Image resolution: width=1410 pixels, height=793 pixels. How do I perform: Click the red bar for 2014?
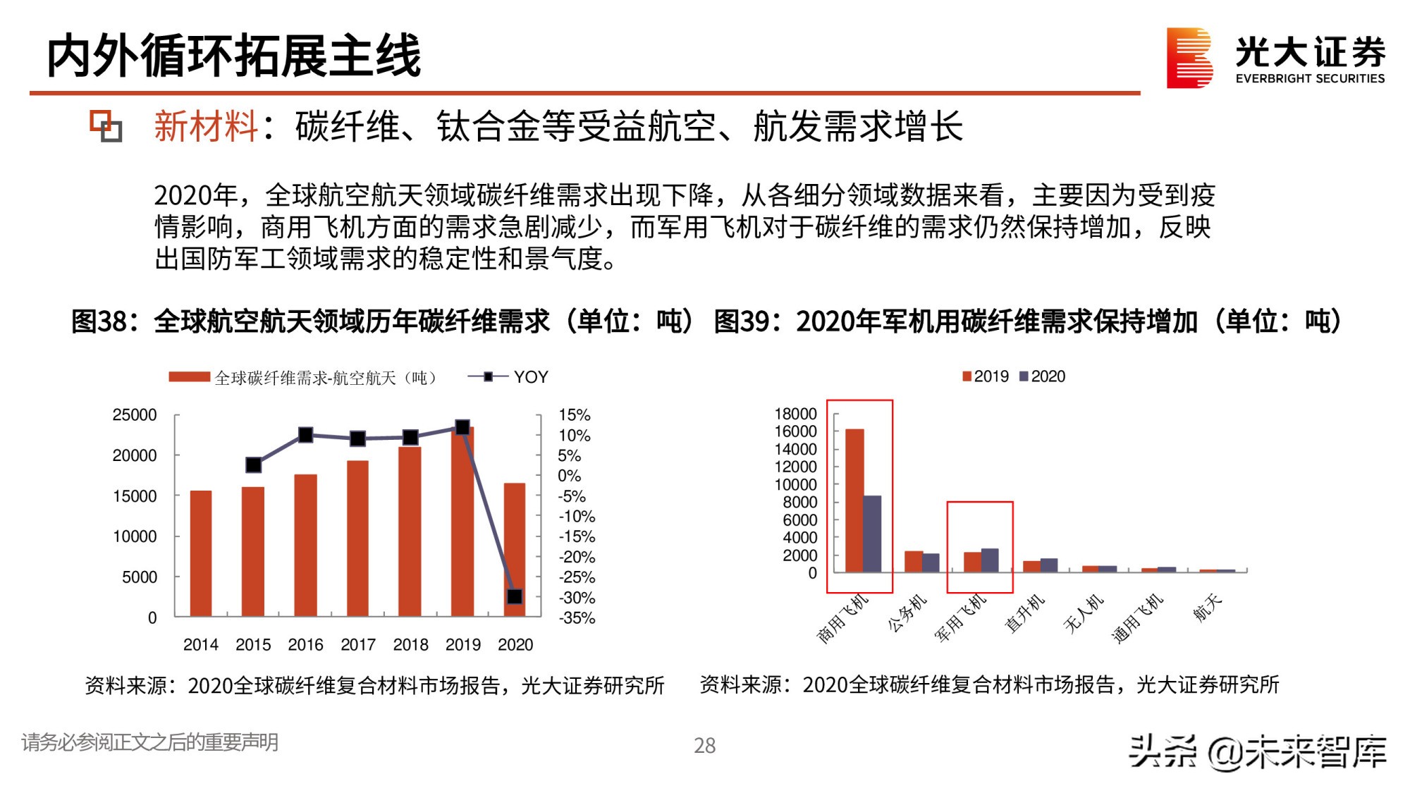[x=201, y=553]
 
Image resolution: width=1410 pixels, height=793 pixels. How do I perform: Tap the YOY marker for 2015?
[x=254, y=465]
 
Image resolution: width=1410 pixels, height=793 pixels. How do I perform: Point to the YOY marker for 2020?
[x=515, y=596]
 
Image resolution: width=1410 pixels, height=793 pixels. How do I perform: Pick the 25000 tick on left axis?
[x=135, y=415]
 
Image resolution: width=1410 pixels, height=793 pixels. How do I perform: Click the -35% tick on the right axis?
[x=577, y=618]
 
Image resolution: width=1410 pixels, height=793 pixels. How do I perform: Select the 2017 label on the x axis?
[x=358, y=644]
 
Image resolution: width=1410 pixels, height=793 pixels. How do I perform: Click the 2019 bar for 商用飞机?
[x=854, y=500]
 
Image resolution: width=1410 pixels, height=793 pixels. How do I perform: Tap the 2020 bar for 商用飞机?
[x=873, y=534]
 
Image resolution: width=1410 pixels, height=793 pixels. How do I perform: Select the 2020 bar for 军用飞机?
[x=990, y=560]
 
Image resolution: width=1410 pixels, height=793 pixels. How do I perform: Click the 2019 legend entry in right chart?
[x=986, y=376]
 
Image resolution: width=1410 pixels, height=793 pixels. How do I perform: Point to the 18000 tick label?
[x=795, y=414]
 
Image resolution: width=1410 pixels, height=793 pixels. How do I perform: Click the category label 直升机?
[x=1024, y=613]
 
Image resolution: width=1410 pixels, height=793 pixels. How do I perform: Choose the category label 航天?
[x=1207, y=608]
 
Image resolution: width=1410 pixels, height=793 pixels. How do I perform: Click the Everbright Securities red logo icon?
[x=1189, y=58]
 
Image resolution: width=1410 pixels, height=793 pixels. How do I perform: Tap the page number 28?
[x=704, y=745]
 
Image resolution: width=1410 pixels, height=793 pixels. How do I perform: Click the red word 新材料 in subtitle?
[x=206, y=127]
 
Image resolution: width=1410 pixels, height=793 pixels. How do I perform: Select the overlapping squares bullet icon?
[x=106, y=126]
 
